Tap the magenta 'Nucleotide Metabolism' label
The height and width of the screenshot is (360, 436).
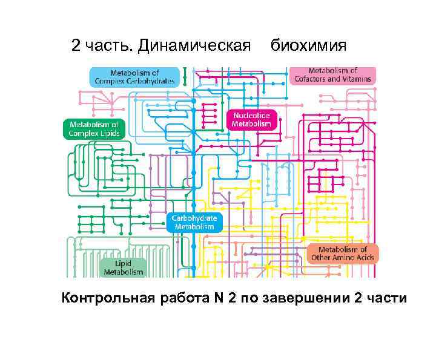[x=252, y=119]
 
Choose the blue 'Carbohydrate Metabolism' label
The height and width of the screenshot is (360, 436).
[x=194, y=222]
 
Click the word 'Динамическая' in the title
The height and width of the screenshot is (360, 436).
[x=194, y=46]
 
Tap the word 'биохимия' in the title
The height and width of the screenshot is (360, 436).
[x=308, y=46]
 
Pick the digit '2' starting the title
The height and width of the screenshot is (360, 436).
[x=76, y=46]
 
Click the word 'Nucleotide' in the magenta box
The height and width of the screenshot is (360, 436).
[x=252, y=114]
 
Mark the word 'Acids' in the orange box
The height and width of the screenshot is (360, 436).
[x=362, y=258]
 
